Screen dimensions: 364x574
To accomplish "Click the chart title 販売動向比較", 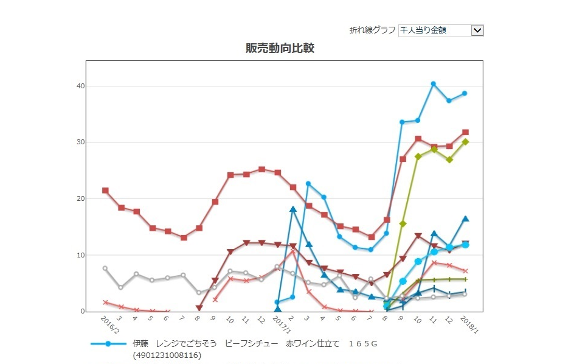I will coord(280,48).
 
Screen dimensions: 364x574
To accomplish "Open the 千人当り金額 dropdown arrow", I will coord(477,30).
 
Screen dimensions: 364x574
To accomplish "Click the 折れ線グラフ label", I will coord(372,30).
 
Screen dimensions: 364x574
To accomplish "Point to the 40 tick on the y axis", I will coord(80,86).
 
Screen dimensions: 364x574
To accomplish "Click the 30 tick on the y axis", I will coord(80,142).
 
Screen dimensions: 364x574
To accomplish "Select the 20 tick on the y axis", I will coord(80,199).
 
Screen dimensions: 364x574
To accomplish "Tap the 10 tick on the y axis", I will coord(80,255).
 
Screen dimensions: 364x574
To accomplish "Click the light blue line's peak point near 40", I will coord(434,84).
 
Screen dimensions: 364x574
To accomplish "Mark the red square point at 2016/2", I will coord(106,191).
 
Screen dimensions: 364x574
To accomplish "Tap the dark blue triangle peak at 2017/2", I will coord(293,209).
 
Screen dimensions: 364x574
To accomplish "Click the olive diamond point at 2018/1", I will coord(465,142).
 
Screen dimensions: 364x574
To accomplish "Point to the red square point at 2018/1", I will coord(465,132).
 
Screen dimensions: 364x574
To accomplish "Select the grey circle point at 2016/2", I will coord(105,268).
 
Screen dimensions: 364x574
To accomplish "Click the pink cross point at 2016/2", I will coord(105,302).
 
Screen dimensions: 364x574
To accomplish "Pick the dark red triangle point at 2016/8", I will coord(199,308).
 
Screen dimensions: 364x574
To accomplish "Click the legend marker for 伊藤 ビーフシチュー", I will coord(108,344).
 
